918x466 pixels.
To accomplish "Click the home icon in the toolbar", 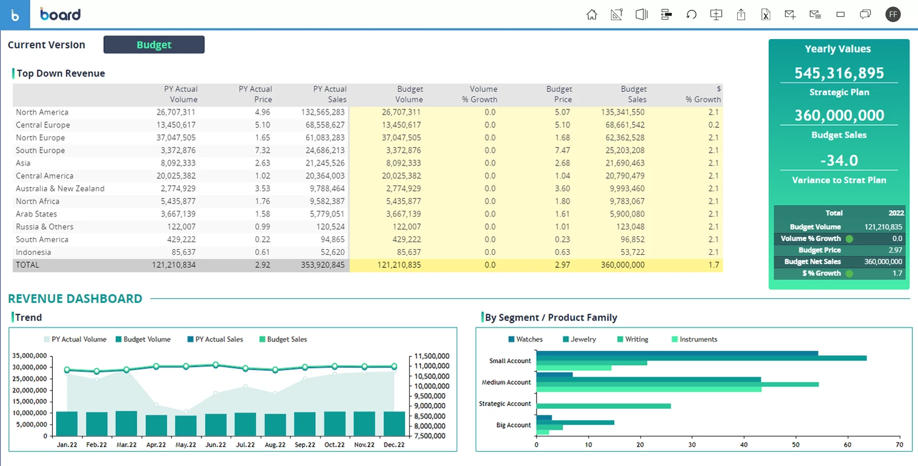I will click(x=592, y=15).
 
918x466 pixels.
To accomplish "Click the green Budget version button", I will click(x=154, y=45).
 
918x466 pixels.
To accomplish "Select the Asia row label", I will click(x=23, y=163).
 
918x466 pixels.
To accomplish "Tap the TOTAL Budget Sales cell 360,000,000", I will click(x=623, y=265).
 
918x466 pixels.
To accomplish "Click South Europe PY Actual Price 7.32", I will click(x=262, y=150).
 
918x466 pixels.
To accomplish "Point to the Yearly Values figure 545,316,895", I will click(x=839, y=73).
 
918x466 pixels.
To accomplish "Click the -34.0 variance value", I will click(x=839, y=160).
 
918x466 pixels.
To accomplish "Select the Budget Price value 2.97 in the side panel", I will click(x=895, y=250).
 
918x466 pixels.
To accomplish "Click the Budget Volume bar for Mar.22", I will click(x=126, y=424).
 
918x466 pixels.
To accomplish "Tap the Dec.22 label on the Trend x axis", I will click(x=394, y=445).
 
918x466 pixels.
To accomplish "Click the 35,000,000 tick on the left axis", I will click(x=30, y=356).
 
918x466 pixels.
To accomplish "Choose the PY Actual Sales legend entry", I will click(x=219, y=339).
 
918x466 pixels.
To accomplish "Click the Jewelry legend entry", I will click(x=583, y=339).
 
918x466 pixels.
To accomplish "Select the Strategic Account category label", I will click(x=505, y=404).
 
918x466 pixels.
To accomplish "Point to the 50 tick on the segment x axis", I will click(x=796, y=445).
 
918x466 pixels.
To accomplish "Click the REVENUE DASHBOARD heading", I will click(x=75, y=298).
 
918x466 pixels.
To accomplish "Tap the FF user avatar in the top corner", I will click(x=893, y=15).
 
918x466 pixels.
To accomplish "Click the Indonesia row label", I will click(x=33, y=253).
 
